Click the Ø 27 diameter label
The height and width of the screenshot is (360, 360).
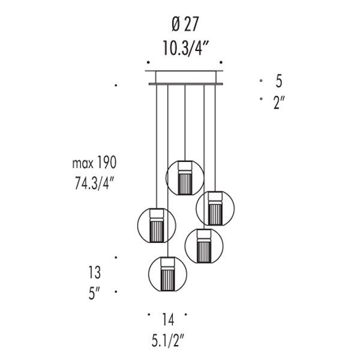pyautogui.click(x=185, y=24)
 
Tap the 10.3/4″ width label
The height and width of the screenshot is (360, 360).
pyautogui.click(x=185, y=48)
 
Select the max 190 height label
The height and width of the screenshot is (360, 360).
pyautogui.click(x=94, y=163)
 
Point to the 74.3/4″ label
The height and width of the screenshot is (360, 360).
pyautogui.click(x=94, y=183)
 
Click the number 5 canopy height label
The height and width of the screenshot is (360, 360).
pyautogui.click(x=279, y=81)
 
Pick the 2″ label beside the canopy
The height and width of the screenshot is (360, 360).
pyautogui.click(x=279, y=102)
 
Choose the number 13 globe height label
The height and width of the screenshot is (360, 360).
pyautogui.click(x=95, y=272)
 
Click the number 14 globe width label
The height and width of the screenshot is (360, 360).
pyautogui.click(x=168, y=319)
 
